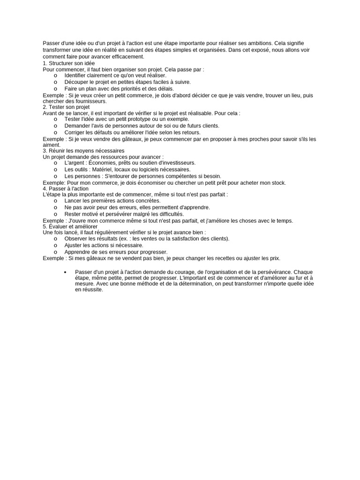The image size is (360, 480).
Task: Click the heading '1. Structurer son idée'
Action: (68, 63)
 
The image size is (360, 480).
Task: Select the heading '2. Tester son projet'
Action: (66, 107)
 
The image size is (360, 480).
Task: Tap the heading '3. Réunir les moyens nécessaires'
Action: (83, 150)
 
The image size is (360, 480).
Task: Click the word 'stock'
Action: (277, 182)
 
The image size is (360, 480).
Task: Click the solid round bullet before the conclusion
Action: (65, 272)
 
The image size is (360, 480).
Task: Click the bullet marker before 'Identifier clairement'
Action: (55, 75)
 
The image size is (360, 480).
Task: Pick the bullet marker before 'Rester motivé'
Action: (55, 214)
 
